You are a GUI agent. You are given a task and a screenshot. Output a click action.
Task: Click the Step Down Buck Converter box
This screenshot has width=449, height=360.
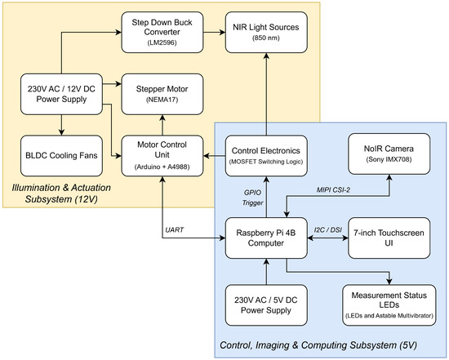pyautogui.click(x=162, y=32)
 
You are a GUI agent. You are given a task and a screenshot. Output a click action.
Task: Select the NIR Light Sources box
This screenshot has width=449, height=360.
pyautogui.click(x=266, y=32)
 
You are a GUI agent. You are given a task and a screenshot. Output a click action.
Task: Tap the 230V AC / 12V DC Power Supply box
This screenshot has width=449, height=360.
pyautogui.click(x=61, y=94)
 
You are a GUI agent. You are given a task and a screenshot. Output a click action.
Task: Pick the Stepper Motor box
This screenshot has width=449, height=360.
pyautogui.click(x=162, y=94)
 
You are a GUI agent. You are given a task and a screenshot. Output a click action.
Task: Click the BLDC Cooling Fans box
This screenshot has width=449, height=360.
pyautogui.click(x=61, y=156)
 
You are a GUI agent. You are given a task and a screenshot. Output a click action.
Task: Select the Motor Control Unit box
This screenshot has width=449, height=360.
pyautogui.click(x=162, y=156)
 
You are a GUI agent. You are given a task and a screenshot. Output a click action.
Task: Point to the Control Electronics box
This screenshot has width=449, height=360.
pyautogui.click(x=266, y=156)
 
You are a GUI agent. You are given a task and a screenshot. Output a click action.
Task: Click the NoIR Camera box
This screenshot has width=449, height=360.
pyautogui.click(x=389, y=153)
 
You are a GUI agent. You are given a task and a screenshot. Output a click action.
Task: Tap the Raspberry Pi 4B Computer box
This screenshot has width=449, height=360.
pyautogui.click(x=266, y=238)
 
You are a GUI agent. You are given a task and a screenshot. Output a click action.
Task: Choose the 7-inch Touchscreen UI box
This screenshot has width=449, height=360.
pyautogui.click(x=389, y=238)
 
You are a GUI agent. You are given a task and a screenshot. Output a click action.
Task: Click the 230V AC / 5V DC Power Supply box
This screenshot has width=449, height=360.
pyautogui.click(x=266, y=305)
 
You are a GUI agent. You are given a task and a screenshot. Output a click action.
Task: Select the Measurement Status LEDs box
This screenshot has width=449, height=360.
pyautogui.click(x=389, y=305)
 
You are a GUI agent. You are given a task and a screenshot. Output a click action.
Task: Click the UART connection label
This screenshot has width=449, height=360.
pyautogui.click(x=175, y=230)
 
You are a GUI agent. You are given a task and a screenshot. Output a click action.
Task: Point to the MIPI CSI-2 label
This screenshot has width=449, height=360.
pyautogui.click(x=333, y=190)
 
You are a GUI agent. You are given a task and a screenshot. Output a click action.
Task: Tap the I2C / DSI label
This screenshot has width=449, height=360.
pyautogui.click(x=328, y=230)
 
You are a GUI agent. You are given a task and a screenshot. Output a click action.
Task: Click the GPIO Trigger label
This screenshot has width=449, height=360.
pyautogui.click(x=252, y=198)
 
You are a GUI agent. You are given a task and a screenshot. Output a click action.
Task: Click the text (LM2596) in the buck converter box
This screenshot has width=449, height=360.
pyautogui.click(x=162, y=42)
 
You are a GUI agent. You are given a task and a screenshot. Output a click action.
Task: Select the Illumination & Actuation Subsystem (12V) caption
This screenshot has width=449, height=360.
pyautogui.click(x=61, y=193)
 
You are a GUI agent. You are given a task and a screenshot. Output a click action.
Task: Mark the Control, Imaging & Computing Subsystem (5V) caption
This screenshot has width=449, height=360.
pyautogui.click(x=318, y=345)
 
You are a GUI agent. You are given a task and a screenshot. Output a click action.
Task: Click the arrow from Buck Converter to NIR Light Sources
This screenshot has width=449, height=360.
pyautogui.click(x=215, y=32)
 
